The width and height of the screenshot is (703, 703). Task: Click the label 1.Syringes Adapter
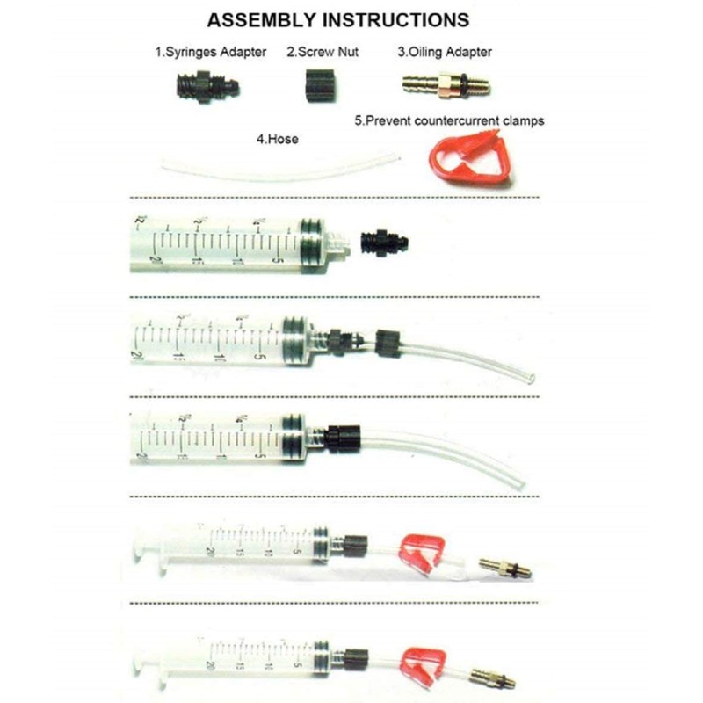(x=211, y=53)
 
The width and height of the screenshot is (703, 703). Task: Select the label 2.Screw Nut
(x=318, y=53)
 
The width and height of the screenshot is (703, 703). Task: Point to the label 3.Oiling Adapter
(x=445, y=53)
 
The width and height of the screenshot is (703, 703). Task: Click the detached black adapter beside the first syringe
(x=383, y=241)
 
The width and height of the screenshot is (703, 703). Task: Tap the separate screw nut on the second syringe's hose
(x=387, y=342)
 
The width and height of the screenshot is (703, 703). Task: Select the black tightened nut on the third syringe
(x=339, y=436)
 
